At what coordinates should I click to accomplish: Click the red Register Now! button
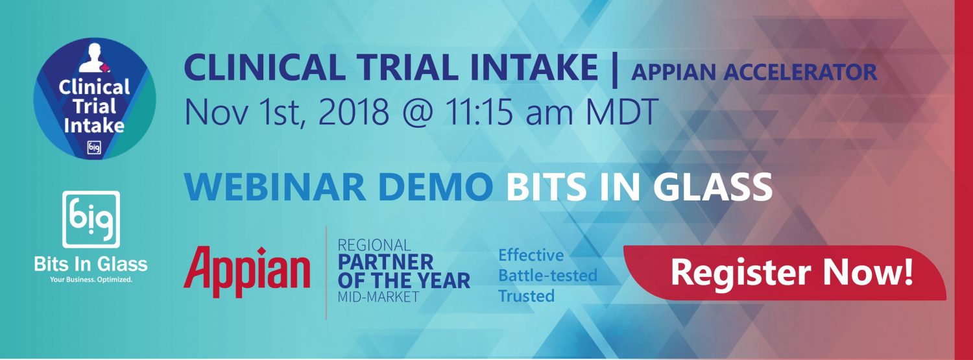click(x=784, y=272)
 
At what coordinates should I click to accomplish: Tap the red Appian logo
click(x=246, y=272)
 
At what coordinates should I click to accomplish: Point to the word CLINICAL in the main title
click(x=265, y=67)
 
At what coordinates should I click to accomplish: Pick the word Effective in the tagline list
click(x=531, y=255)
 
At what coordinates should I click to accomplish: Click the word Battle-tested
click(x=547, y=275)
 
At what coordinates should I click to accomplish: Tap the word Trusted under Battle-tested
click(x=527, y=296)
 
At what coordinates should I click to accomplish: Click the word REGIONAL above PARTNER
click(x=374, y=245)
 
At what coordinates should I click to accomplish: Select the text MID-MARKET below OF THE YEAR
click(x=378, y=296)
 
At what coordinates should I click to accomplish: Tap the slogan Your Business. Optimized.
click(x=91, y=280)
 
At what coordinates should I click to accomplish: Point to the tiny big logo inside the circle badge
click(x=94, y=148)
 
